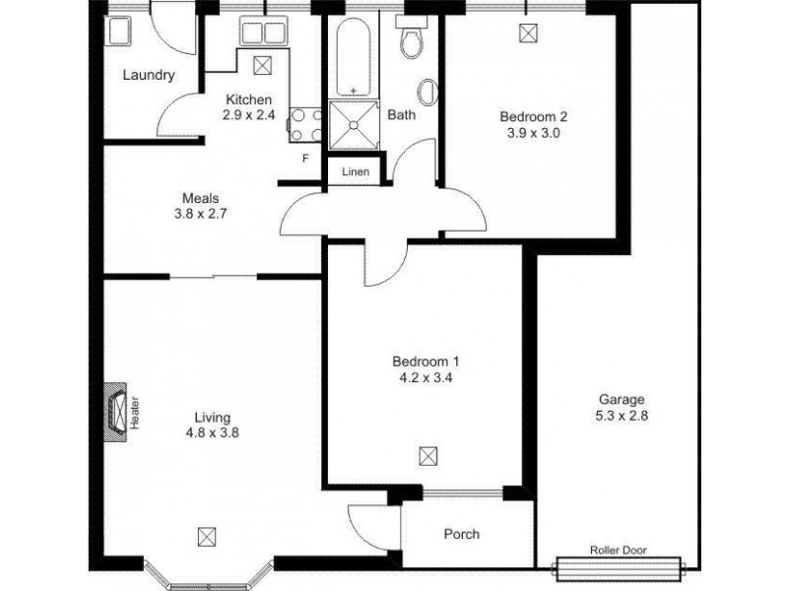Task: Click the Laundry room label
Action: tap(149, 75)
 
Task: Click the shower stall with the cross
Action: tap(354, 122)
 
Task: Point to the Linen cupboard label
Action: tap(355, 171)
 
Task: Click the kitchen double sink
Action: tap(262, 33)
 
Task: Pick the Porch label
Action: tap(461, 535)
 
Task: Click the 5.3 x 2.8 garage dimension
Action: tap(622, 416)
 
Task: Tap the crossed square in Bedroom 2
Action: tap(530, 33)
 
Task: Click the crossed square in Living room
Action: tap(206, 536)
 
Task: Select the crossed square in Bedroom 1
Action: tap(427, 455)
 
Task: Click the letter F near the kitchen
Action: tap(305, 158)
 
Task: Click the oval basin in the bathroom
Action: tap(427, 94)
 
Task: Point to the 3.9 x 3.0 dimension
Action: tap(533, 132)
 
